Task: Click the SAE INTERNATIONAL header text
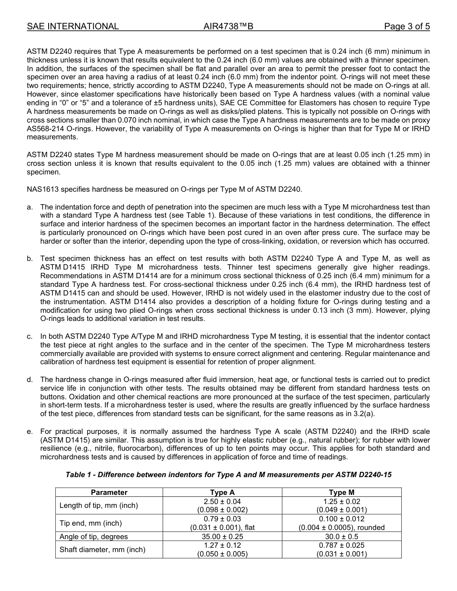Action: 73,26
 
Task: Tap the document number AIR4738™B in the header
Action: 228,26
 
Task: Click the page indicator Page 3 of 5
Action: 406,26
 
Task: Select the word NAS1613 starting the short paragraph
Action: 42,189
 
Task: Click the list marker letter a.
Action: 30,207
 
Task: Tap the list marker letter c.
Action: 30,336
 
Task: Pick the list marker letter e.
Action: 30,431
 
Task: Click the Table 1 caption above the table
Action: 228,475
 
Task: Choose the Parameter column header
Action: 109,492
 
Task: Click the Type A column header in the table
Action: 222,492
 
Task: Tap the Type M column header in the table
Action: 342,492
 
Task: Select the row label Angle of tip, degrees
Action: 94,536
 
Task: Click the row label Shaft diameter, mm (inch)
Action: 102,549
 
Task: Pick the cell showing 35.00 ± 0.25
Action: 222,536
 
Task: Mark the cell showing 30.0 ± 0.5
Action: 342,536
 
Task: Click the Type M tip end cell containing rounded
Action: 342,523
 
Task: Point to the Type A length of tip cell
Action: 222,505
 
